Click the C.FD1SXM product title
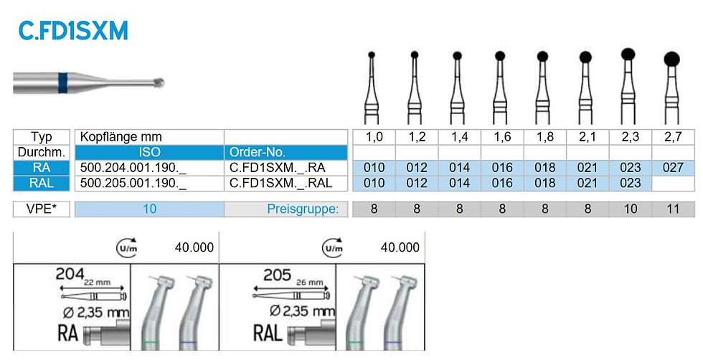pyautogui.click(x=73, y=31)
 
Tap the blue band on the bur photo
pyautogui.click(x=63, y=83)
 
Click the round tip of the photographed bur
pyautogui.click(x=159, y=83)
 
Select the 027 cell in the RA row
pyautogui.click(x=673, y=168)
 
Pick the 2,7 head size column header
pyautogui.click(x=673, y=137)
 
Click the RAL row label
pyautogui.click(x=42, y=183)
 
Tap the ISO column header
pyautogui.click(x=149, y=152)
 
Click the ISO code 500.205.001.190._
pyautogui.click(x=133, y=183)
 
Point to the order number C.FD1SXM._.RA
pyautogui.click(x=278, y=168)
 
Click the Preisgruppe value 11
pyautogui.click(x=673, y=209)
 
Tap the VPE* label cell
pyautogui.click(x=42, y=209)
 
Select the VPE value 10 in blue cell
pyautogui.click(x=149, y=209)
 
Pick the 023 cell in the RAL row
pyautogui.click(x=631, y=183)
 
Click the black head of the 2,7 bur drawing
pyautogui.click(x=671, y=60)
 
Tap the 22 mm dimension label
pyautogui.click(x=96, y=283)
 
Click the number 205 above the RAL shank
pyautogui.click(x=277, y=275)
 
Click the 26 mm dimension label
pyautogui.click(x=309, y=283)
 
